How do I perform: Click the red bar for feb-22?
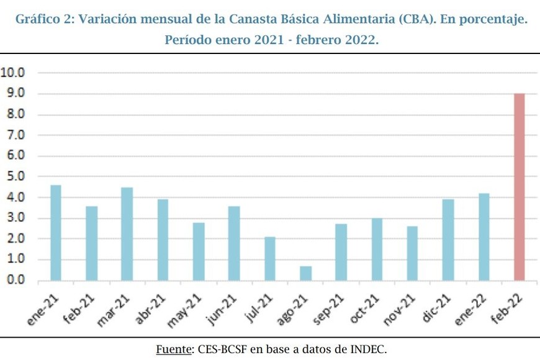pos(519,187)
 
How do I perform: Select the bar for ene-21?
pos(55,233)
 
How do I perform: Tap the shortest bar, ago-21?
pos(305,273)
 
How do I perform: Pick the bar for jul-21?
pos(270,258)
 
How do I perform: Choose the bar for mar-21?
pos(127,233)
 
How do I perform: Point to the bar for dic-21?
pos(448,240)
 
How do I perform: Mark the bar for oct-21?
pos(377,249)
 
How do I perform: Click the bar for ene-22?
pos(484,236)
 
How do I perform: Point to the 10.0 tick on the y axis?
pos(14,73)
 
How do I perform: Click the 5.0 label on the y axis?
pos(14,176)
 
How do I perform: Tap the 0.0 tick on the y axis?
pos(14,280)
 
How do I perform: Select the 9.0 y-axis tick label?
pos(14,93)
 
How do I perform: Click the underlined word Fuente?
pos(173,349)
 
